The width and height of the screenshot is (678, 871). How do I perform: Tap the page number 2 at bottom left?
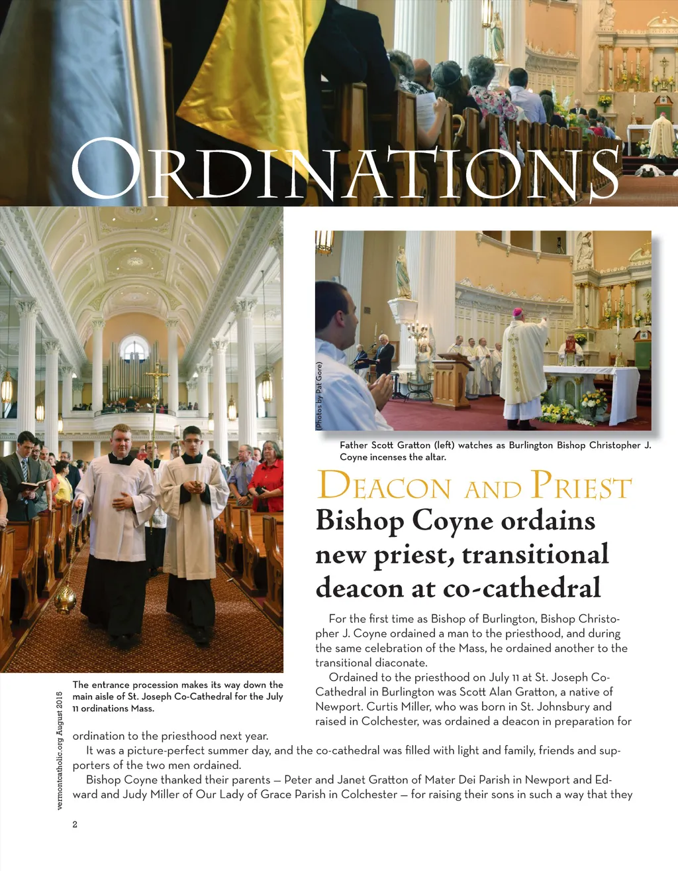75,824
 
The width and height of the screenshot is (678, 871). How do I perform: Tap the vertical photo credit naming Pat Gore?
319,396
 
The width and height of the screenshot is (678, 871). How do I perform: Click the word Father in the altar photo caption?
355,445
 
